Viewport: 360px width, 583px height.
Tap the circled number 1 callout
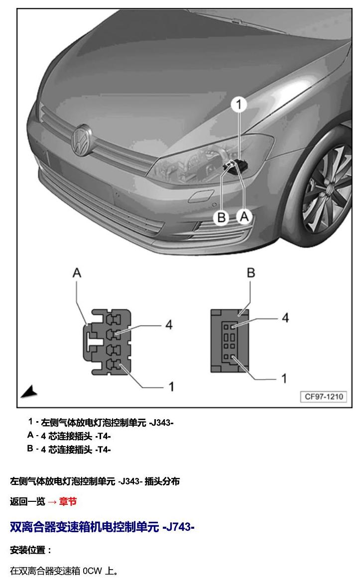[x=239, y=105]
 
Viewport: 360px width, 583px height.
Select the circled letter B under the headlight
[x=221, y=217]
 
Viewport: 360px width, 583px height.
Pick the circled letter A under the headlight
[x=244, y=216]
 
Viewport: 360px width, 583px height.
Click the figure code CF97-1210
[x=324, y=396]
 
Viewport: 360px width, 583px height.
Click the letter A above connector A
[x=77, y=273]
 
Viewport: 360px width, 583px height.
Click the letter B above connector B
[x=251, y=273]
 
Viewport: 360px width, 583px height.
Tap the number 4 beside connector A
[x=169, y=325]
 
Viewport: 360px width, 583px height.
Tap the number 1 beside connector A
[x=171, y=387]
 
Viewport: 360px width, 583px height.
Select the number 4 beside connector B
[x=285, y=318]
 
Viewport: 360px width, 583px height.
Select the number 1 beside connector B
[x=284, y=378]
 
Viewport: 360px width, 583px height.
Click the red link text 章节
[x=68, y=501]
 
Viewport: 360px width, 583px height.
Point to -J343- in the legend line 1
[x=161, y=423]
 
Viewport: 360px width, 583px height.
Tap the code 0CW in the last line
[x=92, y=571]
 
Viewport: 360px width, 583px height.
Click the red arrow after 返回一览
[x=52, y=502]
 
